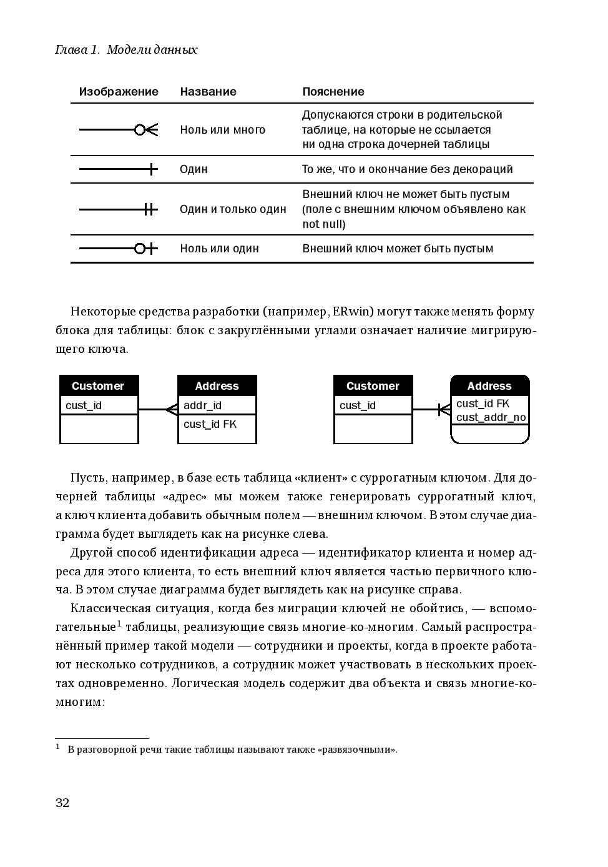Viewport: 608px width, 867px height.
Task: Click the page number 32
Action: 62,803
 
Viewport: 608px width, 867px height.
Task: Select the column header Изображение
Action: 119,92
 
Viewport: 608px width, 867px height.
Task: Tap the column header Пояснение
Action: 333,92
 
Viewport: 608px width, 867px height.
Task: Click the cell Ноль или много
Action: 223,130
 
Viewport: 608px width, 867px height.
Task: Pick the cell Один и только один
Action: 233,209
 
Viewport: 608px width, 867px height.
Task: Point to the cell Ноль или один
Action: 219,249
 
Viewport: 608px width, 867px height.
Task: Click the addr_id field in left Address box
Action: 203,405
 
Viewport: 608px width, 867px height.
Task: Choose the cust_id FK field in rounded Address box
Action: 483,404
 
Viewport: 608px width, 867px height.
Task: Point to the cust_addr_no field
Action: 491,417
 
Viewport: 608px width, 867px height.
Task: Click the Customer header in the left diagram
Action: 98,386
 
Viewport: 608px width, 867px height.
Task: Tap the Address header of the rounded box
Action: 489,386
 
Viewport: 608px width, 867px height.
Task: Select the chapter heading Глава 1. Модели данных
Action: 127,50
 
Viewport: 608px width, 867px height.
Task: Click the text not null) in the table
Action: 323,224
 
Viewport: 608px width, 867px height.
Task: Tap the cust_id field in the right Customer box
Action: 358,405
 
